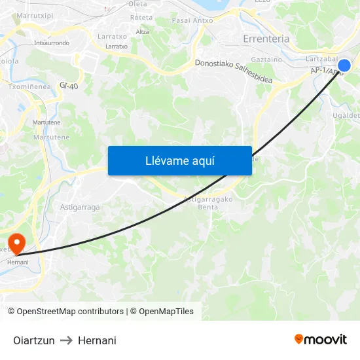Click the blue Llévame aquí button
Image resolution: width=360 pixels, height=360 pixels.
pyautogui.click(x=179, y=161)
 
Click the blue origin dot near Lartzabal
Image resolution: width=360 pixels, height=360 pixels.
pyautogui.click(x=344, y=65)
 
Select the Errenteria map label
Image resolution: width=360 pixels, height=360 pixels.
pyautogui.click(x=266, y=39)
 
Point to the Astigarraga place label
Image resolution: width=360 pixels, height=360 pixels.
pyautogui.click(x=80, y=207)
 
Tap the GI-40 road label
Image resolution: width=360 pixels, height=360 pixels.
pyautogui.click(x=68, y=85)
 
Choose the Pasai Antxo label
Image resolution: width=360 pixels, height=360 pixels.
pyautogui.click(x=192, y=20)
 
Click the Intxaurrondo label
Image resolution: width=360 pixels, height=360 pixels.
pyautogui.click(x=51, y=43)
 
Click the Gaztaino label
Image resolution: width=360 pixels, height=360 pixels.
pyautogui.click(x=266, y=59)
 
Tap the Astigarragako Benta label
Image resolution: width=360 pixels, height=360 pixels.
pyautogui.click(x=208, y=203)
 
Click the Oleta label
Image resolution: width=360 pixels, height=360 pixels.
pyautogui.click(x=137, y=4)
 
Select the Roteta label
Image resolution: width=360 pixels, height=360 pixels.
pyautogui.click(x=141, y=18)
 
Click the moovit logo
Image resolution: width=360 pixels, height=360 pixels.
pyautogui.click(x=320, y=340)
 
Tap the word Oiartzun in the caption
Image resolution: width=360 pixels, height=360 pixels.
pyautogui.click(x=34, y=340)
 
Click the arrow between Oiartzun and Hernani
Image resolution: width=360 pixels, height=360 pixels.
pyautogui.click(x=66, y=340)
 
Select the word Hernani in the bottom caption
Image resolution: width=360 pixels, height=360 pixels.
pyautogui.click(x=97, y=340)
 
